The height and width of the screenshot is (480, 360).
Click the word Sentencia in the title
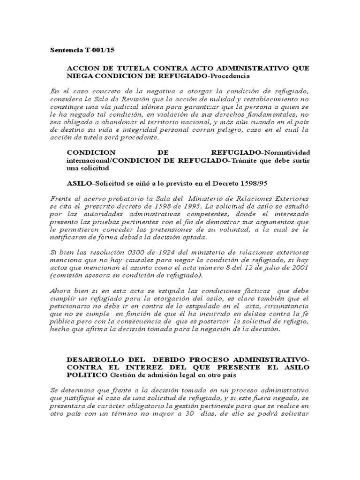65,50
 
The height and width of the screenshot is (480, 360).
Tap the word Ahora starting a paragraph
60,291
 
